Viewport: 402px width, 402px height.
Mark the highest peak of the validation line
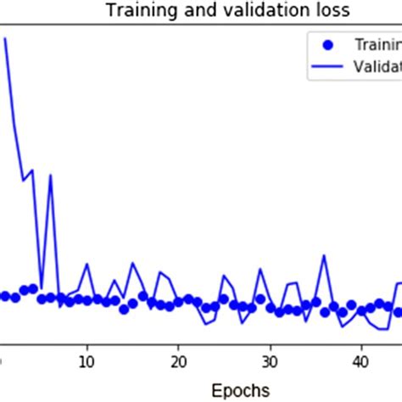point(6,38)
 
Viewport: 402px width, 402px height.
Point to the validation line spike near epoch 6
point(52,176)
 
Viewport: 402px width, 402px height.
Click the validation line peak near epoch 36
point(324,255)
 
